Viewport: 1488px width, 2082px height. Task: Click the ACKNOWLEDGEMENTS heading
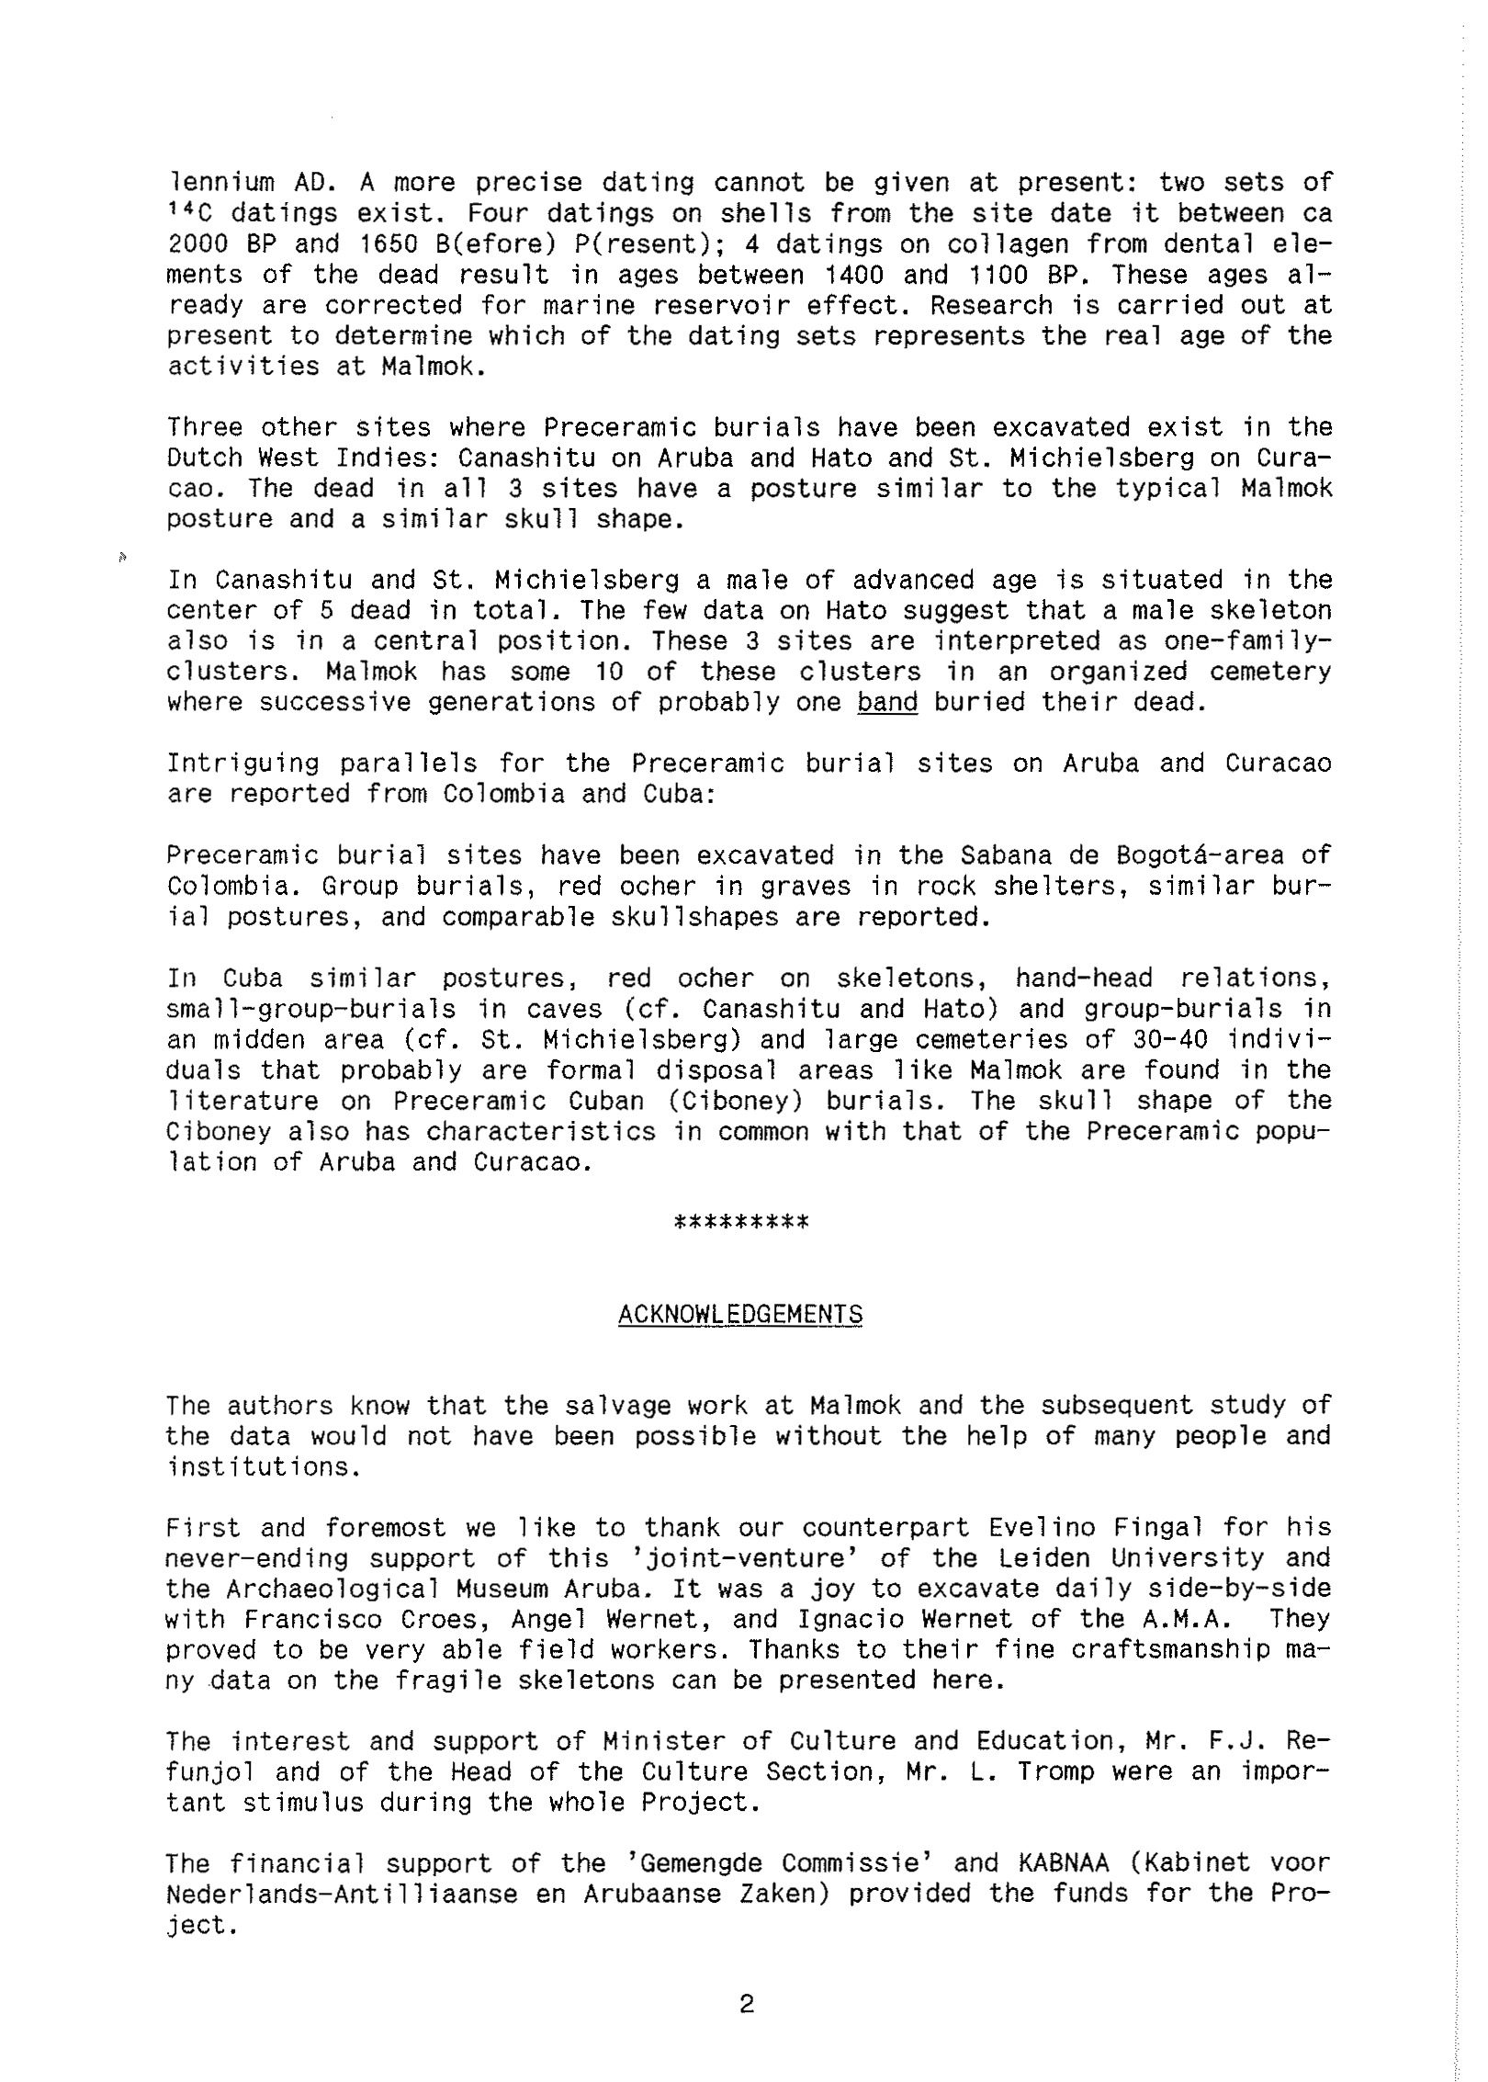[740, 1315]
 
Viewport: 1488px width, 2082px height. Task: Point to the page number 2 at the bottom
[746, 2004]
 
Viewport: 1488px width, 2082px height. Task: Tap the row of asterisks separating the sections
[741, 1223]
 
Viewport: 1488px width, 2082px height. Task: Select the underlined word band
[887, 703]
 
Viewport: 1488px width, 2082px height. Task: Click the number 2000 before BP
[197, 244]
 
